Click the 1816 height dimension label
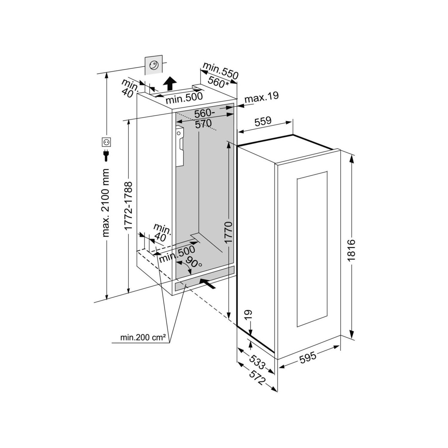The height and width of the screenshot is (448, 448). tap(351, 250)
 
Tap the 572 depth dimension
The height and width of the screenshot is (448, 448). tap(257, 377)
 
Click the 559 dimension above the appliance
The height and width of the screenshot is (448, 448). tap(263, 121)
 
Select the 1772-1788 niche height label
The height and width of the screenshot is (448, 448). tap(128, 206)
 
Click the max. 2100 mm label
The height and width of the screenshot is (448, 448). tap(106, 203)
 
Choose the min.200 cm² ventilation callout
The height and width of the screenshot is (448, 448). tap(143, 338)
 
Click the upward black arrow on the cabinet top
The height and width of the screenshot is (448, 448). tap(170, 83)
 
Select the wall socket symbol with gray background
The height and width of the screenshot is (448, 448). tap(154, 65)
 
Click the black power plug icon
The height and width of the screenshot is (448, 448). tap(106, 155)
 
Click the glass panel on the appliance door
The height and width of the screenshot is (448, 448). tap(312, 249)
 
